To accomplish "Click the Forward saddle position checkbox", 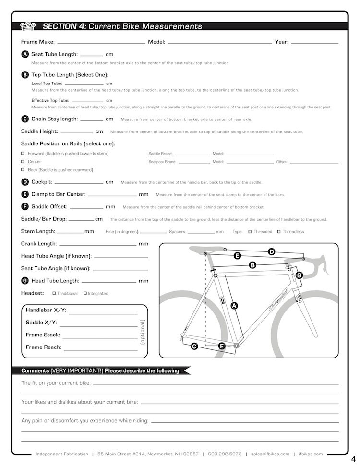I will coord(23,154).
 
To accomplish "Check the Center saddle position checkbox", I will coord(23,162).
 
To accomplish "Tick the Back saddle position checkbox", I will coord(23,170).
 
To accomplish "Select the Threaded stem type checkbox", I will coord(250,232).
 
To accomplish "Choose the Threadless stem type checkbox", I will coord(278,232).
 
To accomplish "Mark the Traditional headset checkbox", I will coord(54,293).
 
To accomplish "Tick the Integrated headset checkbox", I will coord(85,293).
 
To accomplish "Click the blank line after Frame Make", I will coord(101,43).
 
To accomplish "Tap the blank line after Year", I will coord(314,43).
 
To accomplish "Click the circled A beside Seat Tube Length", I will coord(25,55).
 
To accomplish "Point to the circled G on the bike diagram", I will coord(299,275).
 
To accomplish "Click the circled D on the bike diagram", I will coord(271,251).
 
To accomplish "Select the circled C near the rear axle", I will coord(194,346).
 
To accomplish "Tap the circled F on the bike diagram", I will coord(222,346).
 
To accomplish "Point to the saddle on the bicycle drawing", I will coord(204,249).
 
